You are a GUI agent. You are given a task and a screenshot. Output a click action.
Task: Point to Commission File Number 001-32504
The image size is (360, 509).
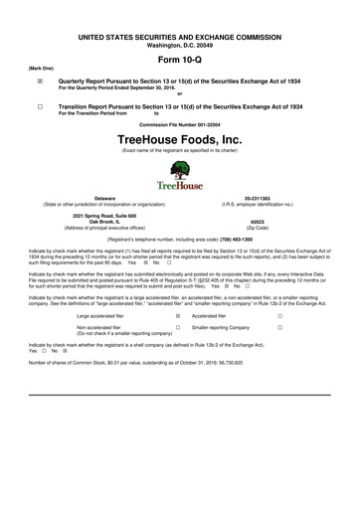(x=179, y=122)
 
